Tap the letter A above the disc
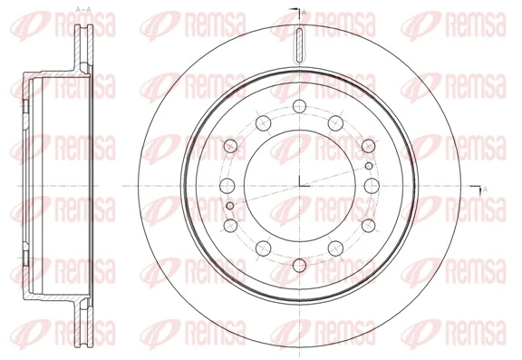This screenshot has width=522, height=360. (304, 12)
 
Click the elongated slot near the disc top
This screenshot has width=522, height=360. (300, 44)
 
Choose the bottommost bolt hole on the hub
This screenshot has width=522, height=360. (300, 265)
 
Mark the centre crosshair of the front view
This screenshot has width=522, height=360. (300, 186)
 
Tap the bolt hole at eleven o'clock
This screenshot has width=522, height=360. (263, 121)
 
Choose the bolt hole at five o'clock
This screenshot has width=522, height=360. (336, 252)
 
